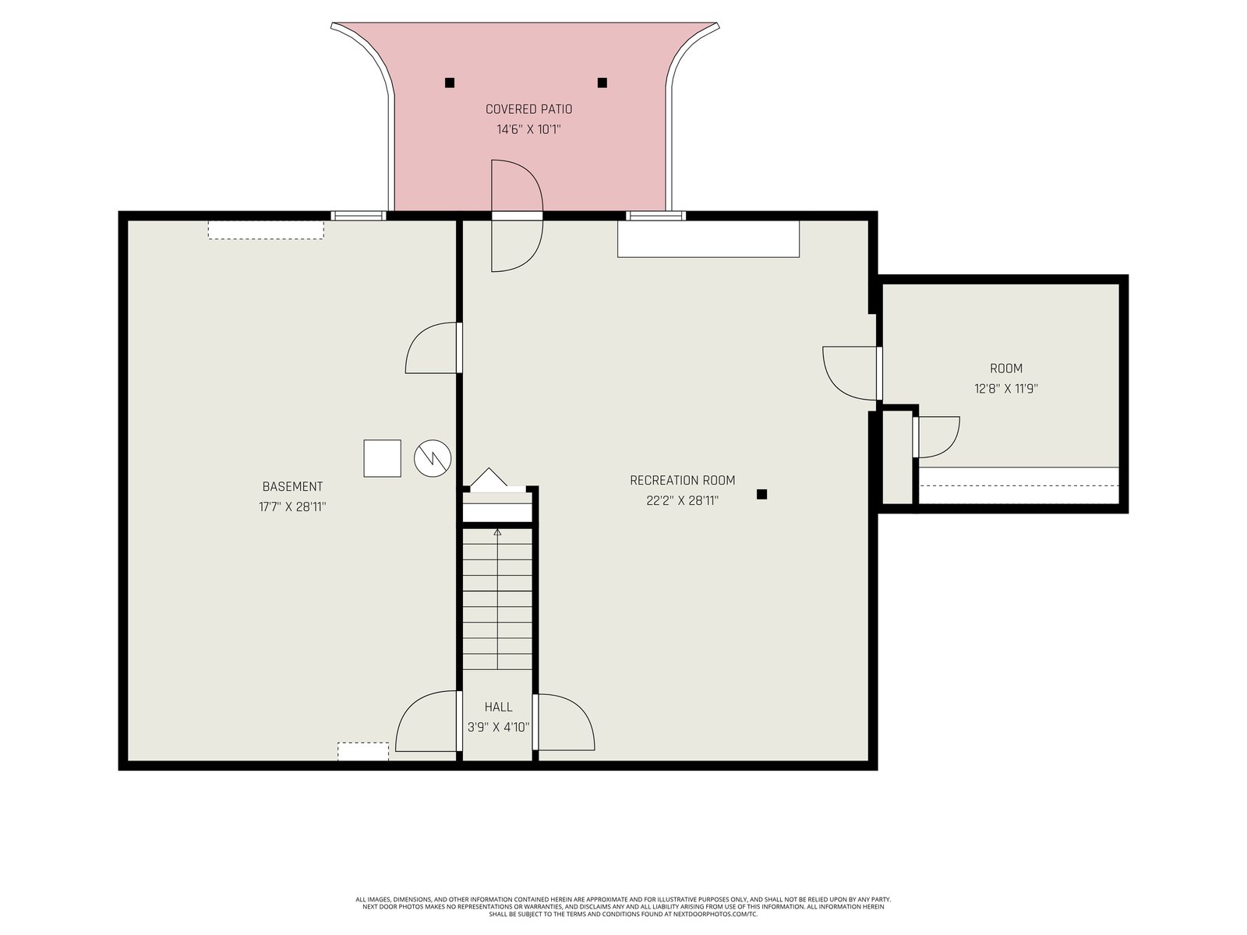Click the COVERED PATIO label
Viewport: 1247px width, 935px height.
point(528,109)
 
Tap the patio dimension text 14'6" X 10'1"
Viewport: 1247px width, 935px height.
point(528,129)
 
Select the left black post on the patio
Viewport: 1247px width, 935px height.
point(450,83)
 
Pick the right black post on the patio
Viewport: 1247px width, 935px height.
point(602,83)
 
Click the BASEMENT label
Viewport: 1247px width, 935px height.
point(292,486)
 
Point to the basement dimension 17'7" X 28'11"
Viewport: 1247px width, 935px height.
point(292,507)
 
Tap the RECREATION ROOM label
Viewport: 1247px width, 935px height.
point(682,480)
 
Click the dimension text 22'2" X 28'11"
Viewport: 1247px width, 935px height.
point(682,501)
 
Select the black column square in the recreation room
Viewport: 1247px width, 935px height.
point(761,495)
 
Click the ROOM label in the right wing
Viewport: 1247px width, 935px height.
point(1006,369)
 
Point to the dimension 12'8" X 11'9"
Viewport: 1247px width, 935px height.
point(1006,389)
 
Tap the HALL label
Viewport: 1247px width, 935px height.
point(498,707)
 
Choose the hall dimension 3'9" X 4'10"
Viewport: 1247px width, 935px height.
point(498,727)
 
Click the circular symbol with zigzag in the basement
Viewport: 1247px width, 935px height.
point(433,458)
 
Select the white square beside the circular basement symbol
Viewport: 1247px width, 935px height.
point(383,458)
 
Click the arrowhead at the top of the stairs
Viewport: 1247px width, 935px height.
point(498,532)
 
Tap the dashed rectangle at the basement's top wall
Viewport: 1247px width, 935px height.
point(266,230)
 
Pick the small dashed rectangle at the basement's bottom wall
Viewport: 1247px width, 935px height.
point(363,751)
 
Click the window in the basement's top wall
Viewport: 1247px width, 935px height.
point(359,216)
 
